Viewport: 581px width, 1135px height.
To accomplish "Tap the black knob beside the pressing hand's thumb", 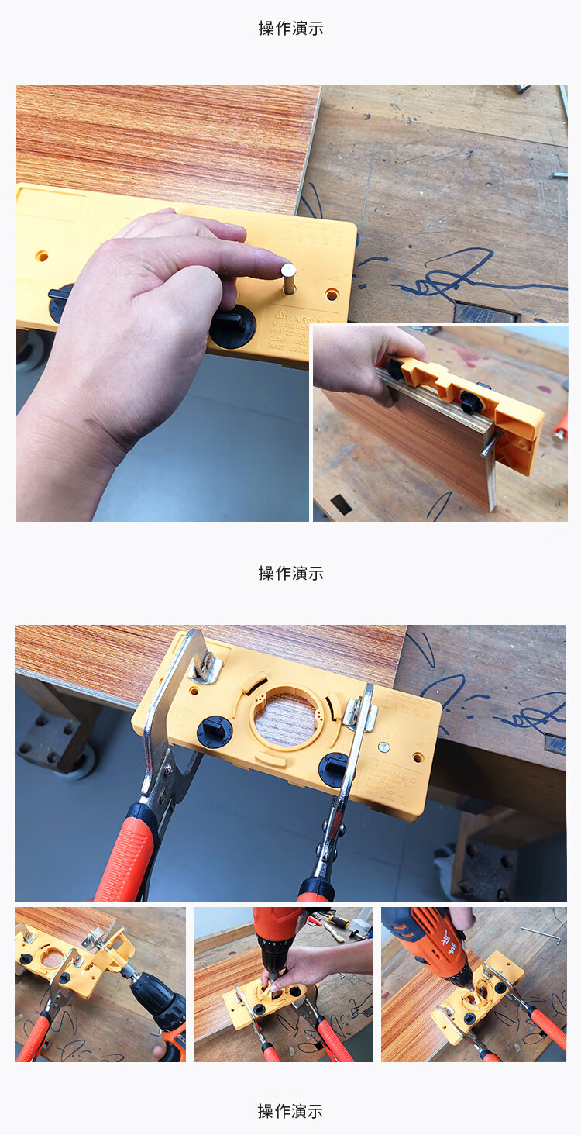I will (x=232, y=325).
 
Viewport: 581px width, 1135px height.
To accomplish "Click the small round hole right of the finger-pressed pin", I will (x=332, y=295).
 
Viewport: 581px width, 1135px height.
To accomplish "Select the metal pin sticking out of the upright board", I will (x=487, y=447).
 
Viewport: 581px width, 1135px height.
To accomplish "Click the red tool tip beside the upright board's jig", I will (x=561, y=427).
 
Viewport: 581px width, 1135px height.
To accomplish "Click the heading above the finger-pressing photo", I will (x=290, y=29).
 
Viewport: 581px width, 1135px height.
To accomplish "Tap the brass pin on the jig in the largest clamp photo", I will (x=383, y=748).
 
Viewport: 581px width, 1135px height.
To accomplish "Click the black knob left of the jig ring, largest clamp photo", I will (x=215, y=731).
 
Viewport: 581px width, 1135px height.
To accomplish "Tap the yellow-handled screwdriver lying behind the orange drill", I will (x=332, y=923).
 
